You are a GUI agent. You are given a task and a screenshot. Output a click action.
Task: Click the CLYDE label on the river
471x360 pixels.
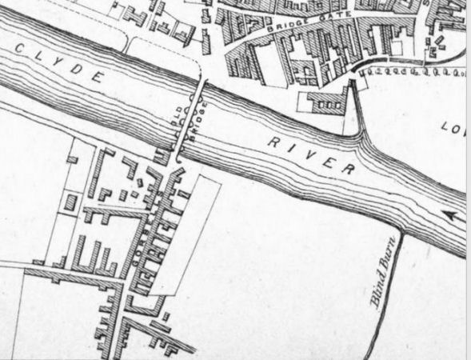point(60,64)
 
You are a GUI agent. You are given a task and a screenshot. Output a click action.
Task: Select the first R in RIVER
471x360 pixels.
point(272,140)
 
